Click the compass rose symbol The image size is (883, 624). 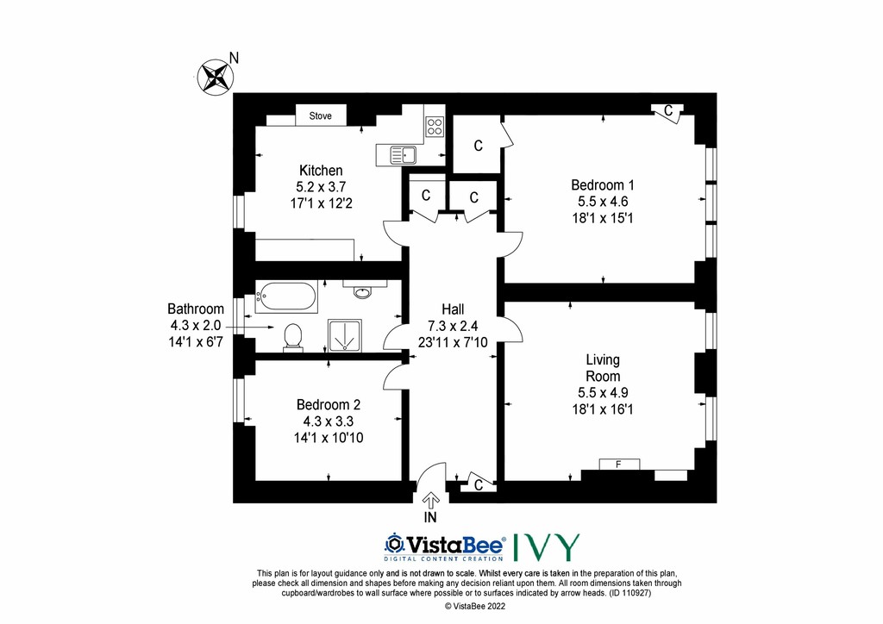pos(216,77)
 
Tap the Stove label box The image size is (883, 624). pos(321,115)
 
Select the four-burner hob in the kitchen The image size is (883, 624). pos(435,126)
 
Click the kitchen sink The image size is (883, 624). pos(403,155)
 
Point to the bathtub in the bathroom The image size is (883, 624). pos(286,296)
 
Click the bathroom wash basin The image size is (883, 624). pos(363,291)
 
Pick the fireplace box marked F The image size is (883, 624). pos(619,465)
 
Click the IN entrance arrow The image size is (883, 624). pos(431,498)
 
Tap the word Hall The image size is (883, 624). pos(453,309)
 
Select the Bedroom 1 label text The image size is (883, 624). pos(603,184)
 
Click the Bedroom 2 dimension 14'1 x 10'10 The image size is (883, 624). pos(329,437)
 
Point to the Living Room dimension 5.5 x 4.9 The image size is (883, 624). pos(603,393)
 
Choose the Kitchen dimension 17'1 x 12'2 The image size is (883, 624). pos(321,203)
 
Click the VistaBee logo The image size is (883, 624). pos(445,547)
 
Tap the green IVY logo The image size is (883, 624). pos(546,547)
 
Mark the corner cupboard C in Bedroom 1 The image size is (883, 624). pos(668,111)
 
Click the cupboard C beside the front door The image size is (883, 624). pos(478,484)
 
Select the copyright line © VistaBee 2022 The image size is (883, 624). pos(475,606)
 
